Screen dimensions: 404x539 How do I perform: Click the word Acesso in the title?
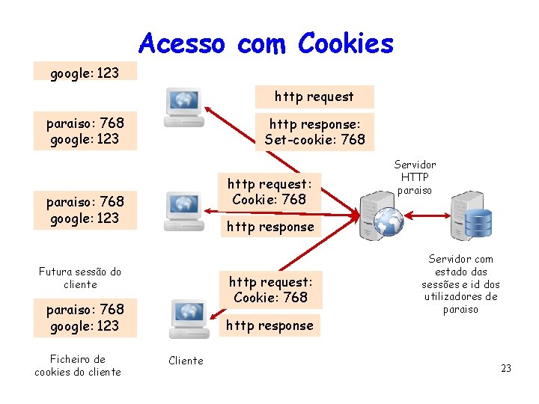coord(181,43)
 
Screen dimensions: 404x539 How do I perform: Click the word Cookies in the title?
coord(345,43)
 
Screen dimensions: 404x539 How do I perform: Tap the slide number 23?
coord(506,368)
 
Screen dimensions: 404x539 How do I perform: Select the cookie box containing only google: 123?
coord(84,73)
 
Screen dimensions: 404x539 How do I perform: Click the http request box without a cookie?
coord(314,97)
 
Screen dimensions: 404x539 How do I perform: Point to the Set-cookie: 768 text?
coord(314,139)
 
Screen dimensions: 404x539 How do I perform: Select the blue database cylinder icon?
coord(478,221)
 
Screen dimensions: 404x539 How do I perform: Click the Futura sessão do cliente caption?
coord(80,278)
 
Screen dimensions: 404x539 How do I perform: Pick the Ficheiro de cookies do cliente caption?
coord(78,365)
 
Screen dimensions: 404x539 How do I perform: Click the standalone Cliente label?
coord(186,361)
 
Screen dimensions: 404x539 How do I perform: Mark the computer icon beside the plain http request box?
coord(183,107)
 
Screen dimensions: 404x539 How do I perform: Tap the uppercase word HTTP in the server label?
coord(415,177)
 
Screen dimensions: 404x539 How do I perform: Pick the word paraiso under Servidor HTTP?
coord(415,190)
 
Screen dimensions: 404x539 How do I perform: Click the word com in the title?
coord(261,43)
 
